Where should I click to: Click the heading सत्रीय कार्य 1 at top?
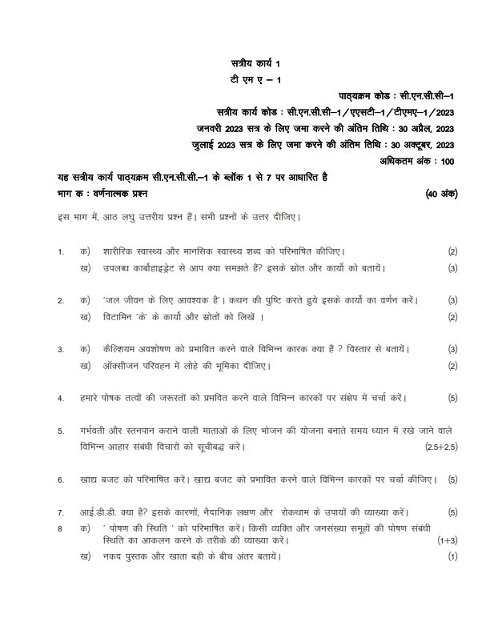coord(253,62)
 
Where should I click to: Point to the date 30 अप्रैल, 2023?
coord(426,127)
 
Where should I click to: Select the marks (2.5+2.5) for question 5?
coord(441,446)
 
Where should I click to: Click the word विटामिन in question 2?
coord(122,316)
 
